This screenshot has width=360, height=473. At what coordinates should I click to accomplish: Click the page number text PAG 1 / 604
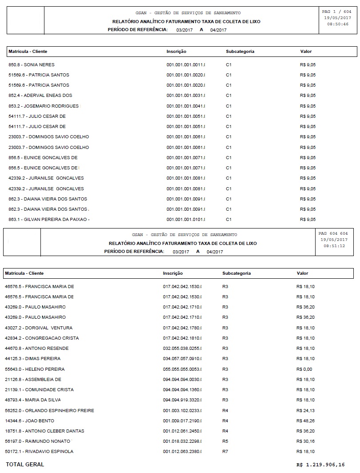coord(336,11)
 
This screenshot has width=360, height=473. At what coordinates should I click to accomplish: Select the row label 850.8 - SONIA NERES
coord(32,65)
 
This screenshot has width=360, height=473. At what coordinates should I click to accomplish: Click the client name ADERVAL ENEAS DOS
coord(50,96)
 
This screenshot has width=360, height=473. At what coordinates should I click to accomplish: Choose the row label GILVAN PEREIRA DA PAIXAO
coord(49,220)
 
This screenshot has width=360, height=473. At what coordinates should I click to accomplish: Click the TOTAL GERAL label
coord(25,465)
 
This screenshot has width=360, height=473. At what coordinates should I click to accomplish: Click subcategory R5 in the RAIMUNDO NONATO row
coord(225,441)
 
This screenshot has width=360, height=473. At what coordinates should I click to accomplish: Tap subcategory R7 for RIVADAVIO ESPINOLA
coord(225,452)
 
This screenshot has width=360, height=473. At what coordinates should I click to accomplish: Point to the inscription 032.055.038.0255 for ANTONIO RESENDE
coord(182,349)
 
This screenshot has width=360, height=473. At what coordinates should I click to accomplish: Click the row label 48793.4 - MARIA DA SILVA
coord(33,400)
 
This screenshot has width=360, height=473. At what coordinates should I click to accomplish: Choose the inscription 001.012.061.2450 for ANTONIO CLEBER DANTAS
coord(182,431)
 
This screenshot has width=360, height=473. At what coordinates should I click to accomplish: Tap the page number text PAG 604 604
coord(333,233)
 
